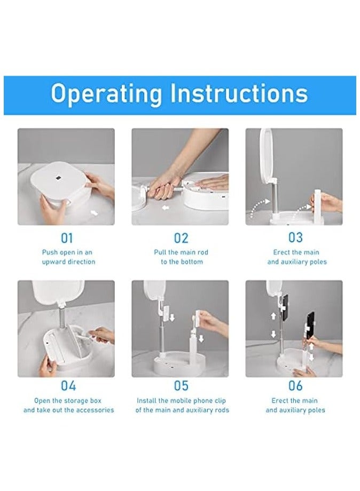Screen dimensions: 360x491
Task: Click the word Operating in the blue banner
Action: [x=106, y=93]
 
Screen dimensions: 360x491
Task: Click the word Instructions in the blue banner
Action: [x=239, y=93]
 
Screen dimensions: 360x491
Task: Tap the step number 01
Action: [x=67, y=239]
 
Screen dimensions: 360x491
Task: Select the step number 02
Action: [x=181, y=239]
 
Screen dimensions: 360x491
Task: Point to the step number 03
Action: [x=295, y=237]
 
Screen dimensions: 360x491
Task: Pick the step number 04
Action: [x=68, y=386]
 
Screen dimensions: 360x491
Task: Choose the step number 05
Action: [x=181, y=386]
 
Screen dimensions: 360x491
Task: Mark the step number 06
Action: [x=295, y=386]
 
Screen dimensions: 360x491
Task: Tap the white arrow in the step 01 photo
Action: [x=93, y=213]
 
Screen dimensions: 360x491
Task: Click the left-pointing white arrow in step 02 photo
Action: [x=166, y=208]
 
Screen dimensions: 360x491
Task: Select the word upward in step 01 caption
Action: [x=53, y=262]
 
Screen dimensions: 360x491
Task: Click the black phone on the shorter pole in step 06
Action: [x=310, y=326]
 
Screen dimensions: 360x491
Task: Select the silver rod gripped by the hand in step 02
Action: [x=169, y=190]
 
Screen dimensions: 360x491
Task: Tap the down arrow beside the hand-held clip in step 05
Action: [x=201, y=339]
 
